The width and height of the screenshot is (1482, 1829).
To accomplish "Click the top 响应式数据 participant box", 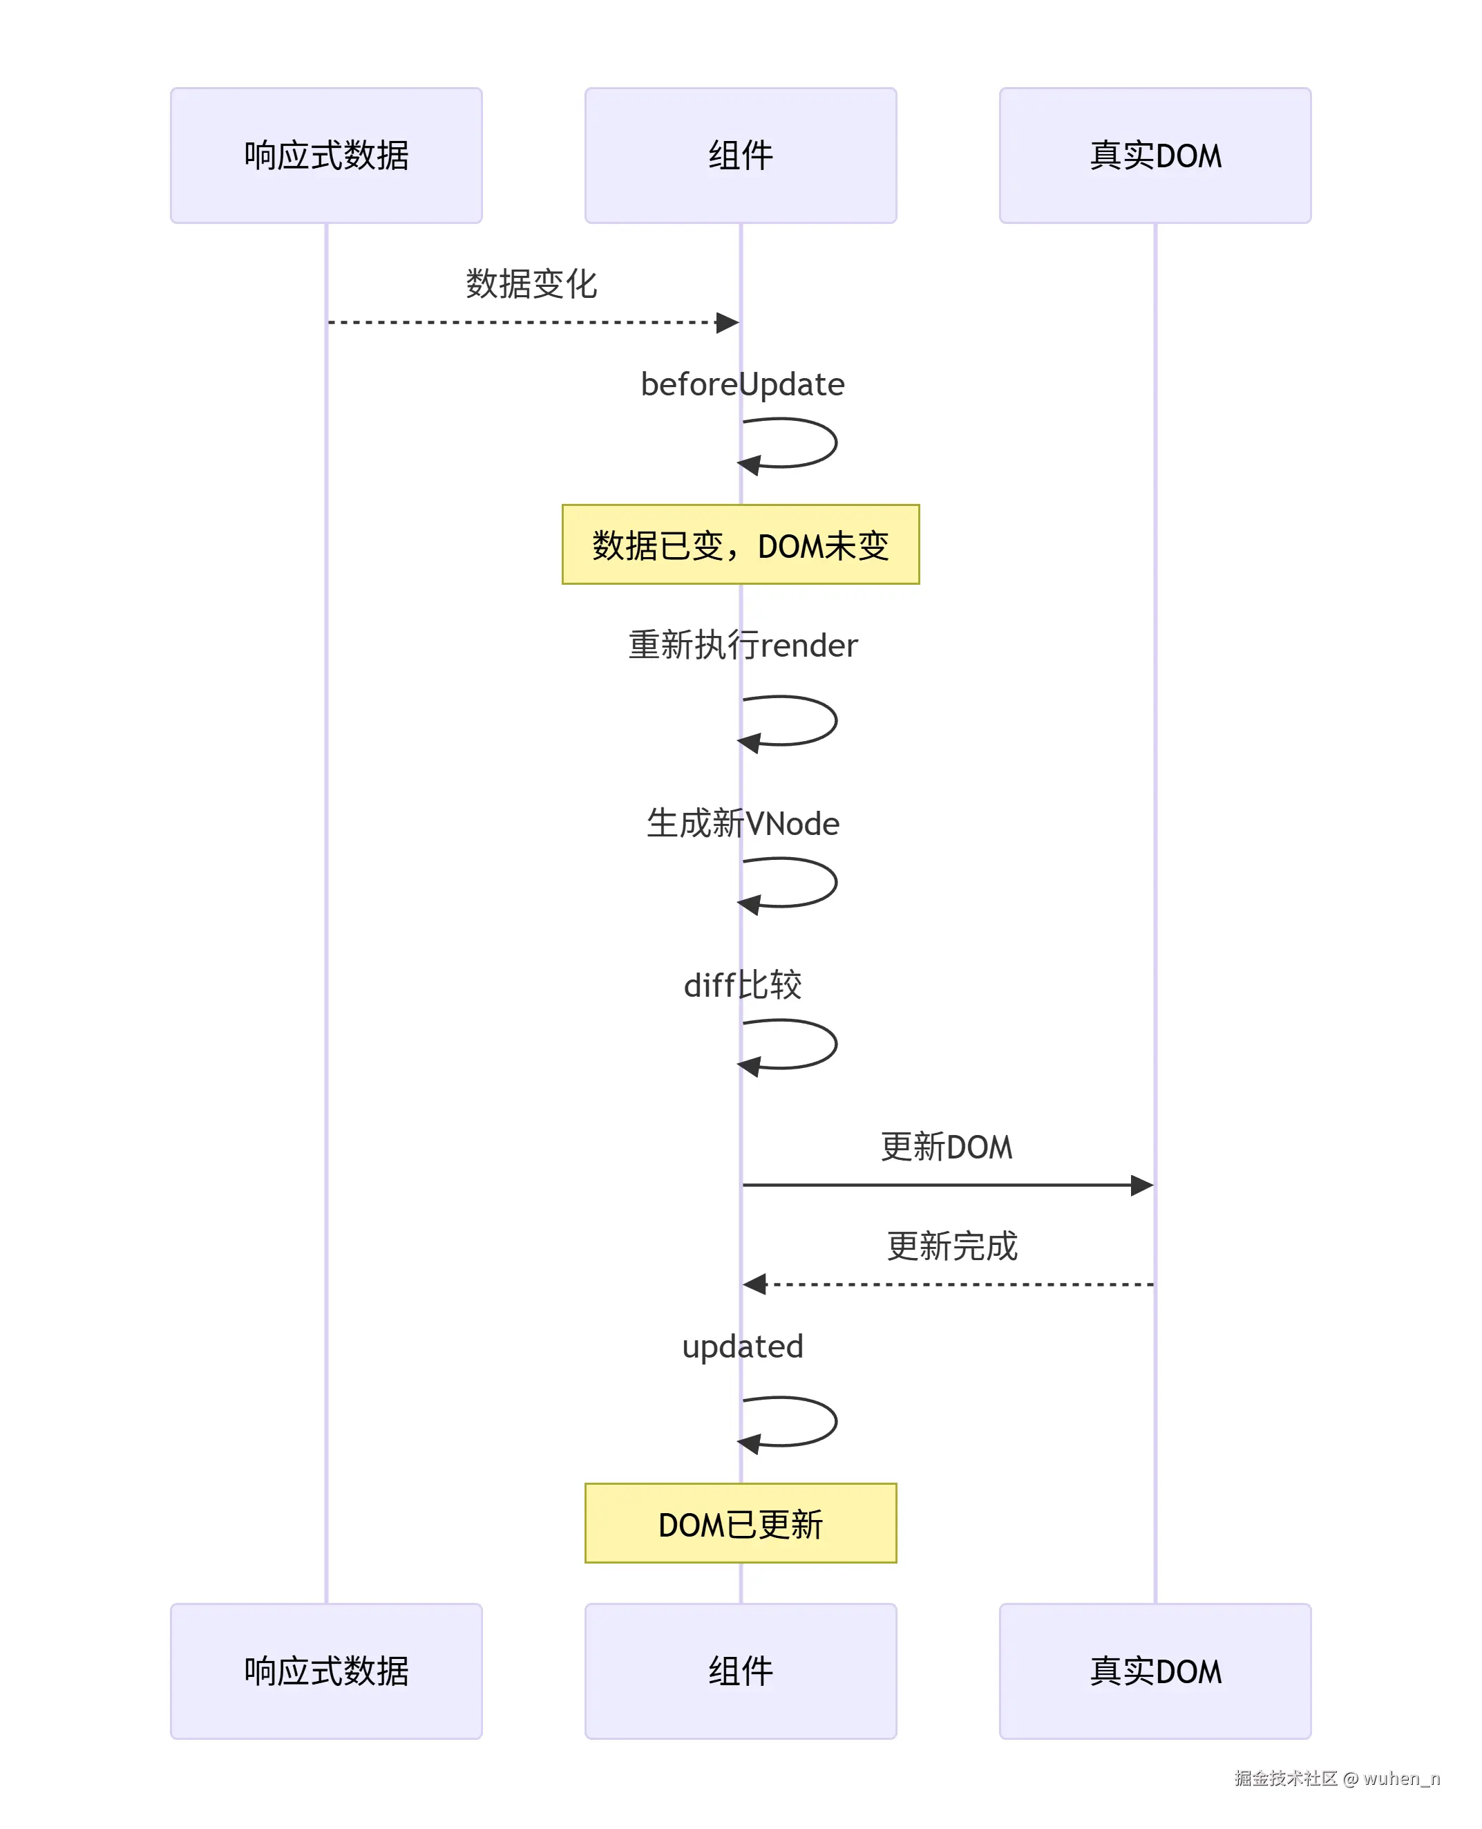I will coord(326,156).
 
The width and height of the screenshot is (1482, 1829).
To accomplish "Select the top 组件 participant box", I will coord(740,156).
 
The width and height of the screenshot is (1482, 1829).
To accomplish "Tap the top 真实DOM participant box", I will coord(1155,156).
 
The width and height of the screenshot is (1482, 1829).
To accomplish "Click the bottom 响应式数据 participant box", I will coord(326,1671).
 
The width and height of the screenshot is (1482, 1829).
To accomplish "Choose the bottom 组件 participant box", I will coord(740,1671).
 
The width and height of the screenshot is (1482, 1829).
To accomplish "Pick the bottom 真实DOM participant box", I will coord(1155,1671).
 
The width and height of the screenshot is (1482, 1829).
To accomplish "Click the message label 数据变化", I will coord(531,284).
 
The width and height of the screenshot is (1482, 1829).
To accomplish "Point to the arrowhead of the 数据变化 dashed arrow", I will coord(728,323).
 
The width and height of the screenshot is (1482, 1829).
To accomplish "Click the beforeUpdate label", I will coord(742,384).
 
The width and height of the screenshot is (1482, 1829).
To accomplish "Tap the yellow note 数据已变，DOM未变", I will coord(740,545).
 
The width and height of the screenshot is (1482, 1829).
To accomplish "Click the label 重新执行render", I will coord(742,646).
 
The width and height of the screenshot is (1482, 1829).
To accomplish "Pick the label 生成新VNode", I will coord(742,824).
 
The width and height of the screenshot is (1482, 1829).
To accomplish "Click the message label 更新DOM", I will coord(946,1147).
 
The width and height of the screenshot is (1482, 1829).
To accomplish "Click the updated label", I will coord(742,1347).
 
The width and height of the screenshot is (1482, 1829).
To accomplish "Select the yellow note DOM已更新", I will coord(740,1524).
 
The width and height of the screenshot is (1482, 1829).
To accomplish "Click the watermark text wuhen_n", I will coord(1401,1778).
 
